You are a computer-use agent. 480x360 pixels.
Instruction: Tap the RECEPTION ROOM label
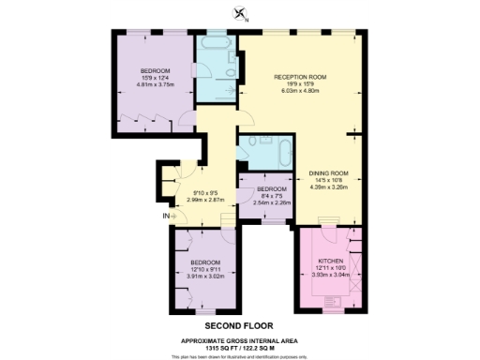pyautogui.click(x=299, y=76)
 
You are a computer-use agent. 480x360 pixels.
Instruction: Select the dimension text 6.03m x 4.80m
pyautogui.click(x=299, y=90)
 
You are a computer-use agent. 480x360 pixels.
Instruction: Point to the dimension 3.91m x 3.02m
pyautogui.click(x=204, y=275)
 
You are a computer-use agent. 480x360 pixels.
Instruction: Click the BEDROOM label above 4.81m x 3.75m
pyautogui.click(x=156, y=71)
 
